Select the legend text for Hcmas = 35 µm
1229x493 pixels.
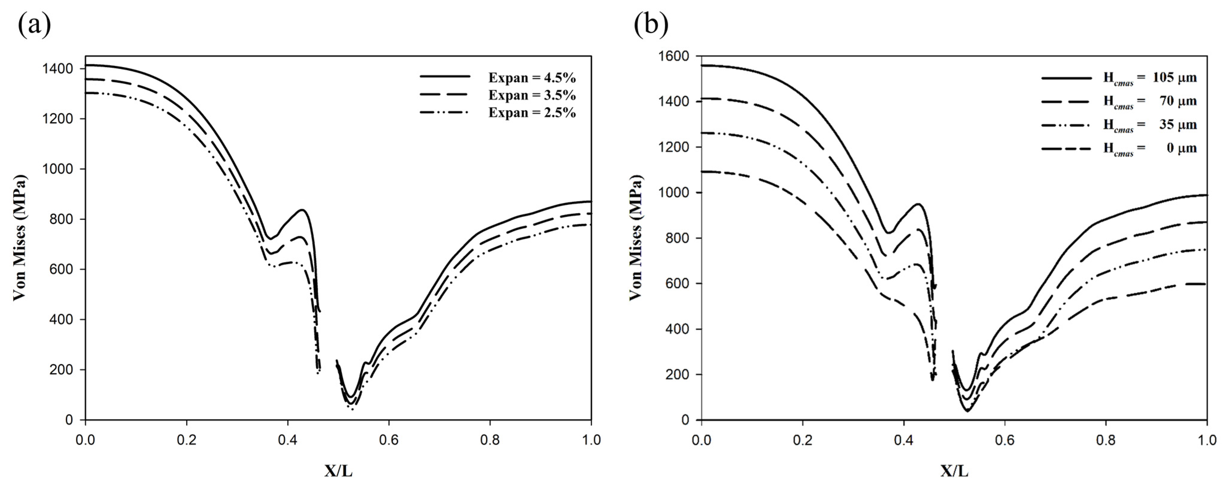click(1149, 125)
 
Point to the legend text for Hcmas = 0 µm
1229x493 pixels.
click(1149, 148)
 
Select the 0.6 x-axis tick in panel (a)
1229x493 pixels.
click(389, 439)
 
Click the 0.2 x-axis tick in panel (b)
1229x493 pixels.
click(803, 439)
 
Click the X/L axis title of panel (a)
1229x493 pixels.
click(338, 471)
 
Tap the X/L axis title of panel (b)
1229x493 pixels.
click(954, 471)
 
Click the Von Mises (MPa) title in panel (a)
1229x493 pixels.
click(19, 238)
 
